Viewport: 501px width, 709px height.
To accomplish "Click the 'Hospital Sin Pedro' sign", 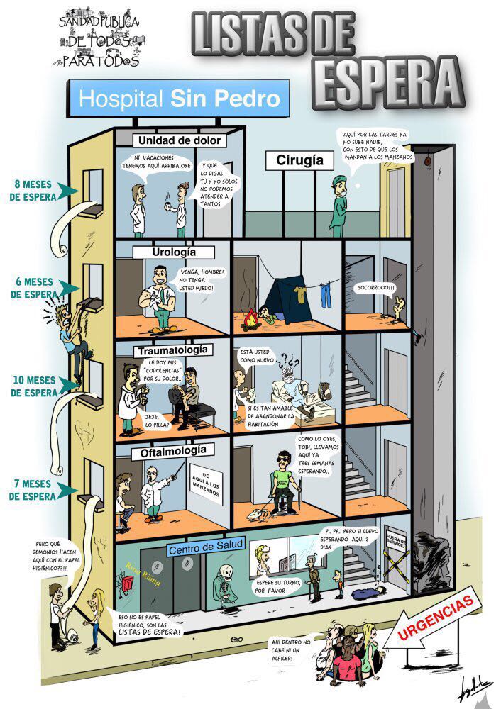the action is [x=180, y=98].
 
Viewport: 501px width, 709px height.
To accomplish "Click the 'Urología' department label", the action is [x=173, y=252].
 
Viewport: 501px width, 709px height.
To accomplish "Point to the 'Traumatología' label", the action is [x=172, y=350].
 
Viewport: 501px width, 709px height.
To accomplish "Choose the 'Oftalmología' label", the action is [x=172, y=450].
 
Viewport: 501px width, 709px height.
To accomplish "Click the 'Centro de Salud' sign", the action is [x=206, y=547].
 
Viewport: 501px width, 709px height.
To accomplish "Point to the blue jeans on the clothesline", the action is [x=324, y=292].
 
